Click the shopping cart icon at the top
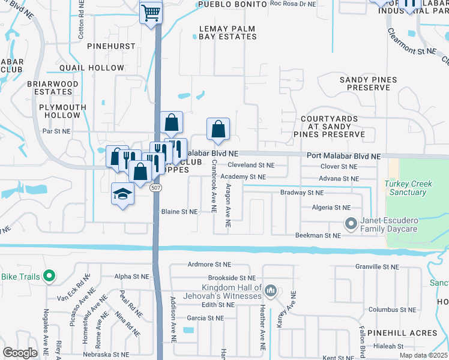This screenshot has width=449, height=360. (x=151, y=12)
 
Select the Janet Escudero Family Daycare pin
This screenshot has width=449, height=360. (x=352, y=224)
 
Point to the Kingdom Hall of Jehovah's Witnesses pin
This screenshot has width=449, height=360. (x=270, y=291)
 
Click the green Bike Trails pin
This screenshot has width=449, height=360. (x=49, y=277)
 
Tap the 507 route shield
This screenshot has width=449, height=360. (x=154, y=188)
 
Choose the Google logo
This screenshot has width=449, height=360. (x=20, y=353)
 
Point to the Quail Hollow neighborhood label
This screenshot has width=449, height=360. (x=89, y=68)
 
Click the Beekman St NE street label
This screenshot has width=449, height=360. (x=318, y=236)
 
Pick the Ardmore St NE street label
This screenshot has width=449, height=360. (x=209, y=264)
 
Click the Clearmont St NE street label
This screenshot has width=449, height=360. (x=411, y=42)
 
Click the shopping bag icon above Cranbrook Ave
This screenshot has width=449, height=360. (x=218, y=128)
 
